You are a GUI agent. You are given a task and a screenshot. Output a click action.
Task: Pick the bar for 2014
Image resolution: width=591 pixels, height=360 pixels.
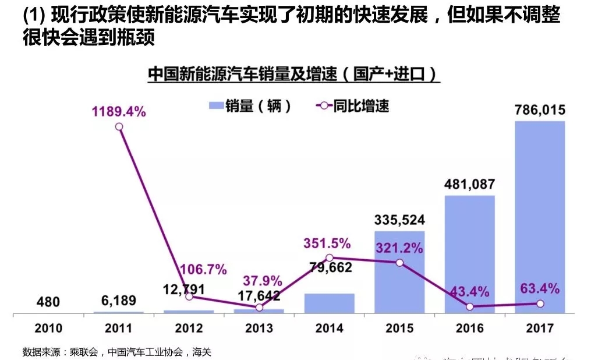(x=329, y=303)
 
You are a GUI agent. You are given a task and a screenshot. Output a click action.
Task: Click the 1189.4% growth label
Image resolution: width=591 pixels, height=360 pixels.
(x=118, y=111)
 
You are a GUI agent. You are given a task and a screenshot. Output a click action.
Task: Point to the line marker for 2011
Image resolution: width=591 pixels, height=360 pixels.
(x=119, y=126)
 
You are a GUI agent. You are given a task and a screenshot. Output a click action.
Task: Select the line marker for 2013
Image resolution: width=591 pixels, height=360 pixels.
(x=259, y=307)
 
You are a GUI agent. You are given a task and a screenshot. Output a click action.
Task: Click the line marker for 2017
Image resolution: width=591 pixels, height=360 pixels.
(x=540, y=303)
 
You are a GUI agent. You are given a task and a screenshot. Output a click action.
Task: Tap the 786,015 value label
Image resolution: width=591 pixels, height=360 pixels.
(x=540, y=110)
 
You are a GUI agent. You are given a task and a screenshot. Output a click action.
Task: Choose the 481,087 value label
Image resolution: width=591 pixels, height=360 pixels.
(x=469, y=185)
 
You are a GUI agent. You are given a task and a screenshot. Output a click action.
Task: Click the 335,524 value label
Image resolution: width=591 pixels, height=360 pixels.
(x=399, y=220)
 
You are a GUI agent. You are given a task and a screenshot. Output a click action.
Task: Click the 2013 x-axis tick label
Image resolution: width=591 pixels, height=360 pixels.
(x=259, y=329)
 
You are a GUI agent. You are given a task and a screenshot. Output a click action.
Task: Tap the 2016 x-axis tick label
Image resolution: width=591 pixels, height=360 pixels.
(x=469, y=329)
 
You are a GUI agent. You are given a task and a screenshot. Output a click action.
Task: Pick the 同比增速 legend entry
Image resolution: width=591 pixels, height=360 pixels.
(x=352, y=107)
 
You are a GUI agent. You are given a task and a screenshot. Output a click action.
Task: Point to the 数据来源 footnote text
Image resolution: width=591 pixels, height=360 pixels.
(x=116, y=352)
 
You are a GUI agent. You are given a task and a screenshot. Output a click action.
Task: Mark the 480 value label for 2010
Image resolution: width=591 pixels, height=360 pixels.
(x=48, y=302)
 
